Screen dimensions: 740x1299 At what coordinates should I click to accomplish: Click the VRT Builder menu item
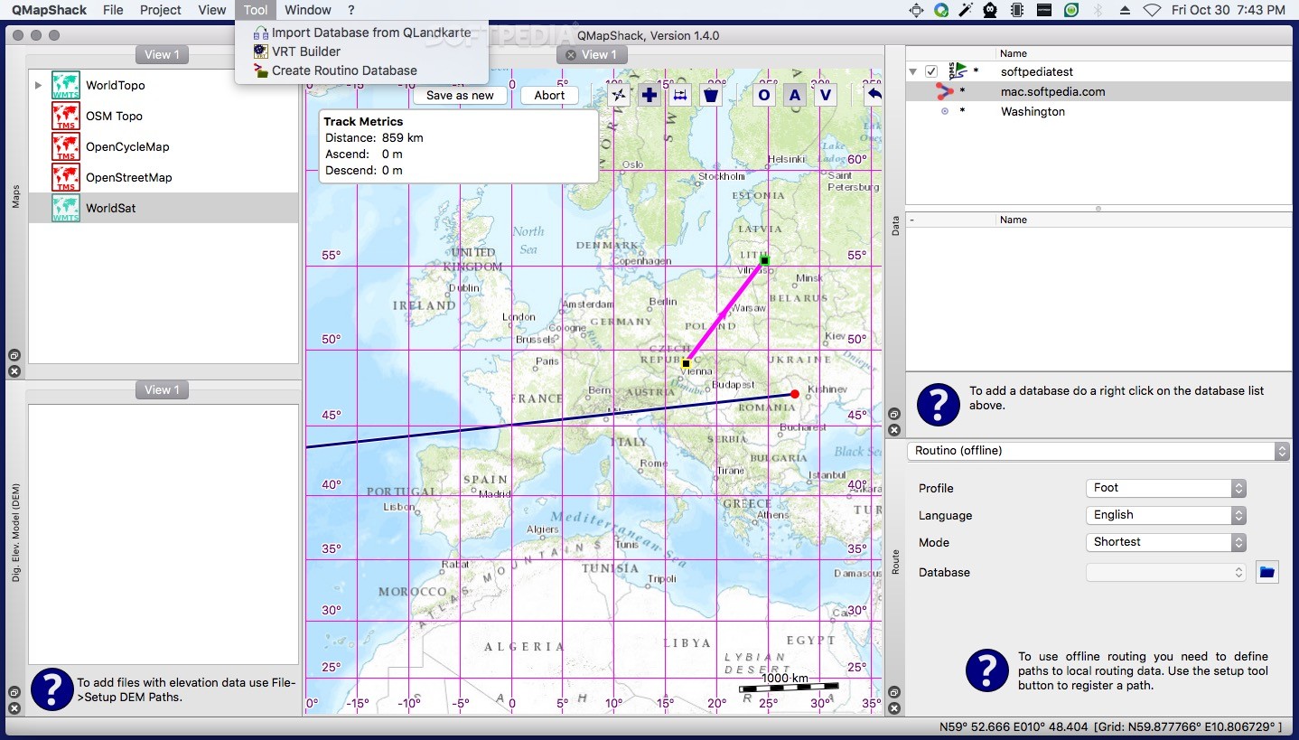(306, 52)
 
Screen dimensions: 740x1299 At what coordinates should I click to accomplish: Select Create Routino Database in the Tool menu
(343, 70)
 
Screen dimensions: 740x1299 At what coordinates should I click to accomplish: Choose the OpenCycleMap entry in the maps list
(127, 146)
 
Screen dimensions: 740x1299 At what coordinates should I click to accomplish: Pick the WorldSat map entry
(110, 208)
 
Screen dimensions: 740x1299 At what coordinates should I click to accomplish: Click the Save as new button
(460, 95)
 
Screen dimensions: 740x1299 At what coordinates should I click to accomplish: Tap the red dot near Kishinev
(795, 394)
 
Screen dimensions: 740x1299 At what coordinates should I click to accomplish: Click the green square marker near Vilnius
(764, 260)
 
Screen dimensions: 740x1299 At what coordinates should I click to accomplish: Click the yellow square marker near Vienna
(686, 363)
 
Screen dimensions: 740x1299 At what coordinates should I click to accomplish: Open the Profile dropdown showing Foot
(1165, 488)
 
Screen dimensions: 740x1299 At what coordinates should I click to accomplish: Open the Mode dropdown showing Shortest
(1165, 542)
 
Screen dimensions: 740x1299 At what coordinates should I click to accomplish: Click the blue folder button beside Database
(1266, 572)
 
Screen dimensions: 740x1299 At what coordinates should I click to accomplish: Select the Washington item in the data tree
(1033, 111)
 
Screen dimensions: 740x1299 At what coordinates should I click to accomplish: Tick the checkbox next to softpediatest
(931, 71)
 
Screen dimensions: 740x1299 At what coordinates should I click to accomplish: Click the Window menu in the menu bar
(307, 10)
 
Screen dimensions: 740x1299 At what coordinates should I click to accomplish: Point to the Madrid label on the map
(494, 494)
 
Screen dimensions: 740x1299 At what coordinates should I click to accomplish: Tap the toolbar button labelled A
(795, 95)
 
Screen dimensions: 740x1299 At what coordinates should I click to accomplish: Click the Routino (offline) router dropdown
(1098, 450)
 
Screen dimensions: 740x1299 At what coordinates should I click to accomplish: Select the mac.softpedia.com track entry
(1052, 91)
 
